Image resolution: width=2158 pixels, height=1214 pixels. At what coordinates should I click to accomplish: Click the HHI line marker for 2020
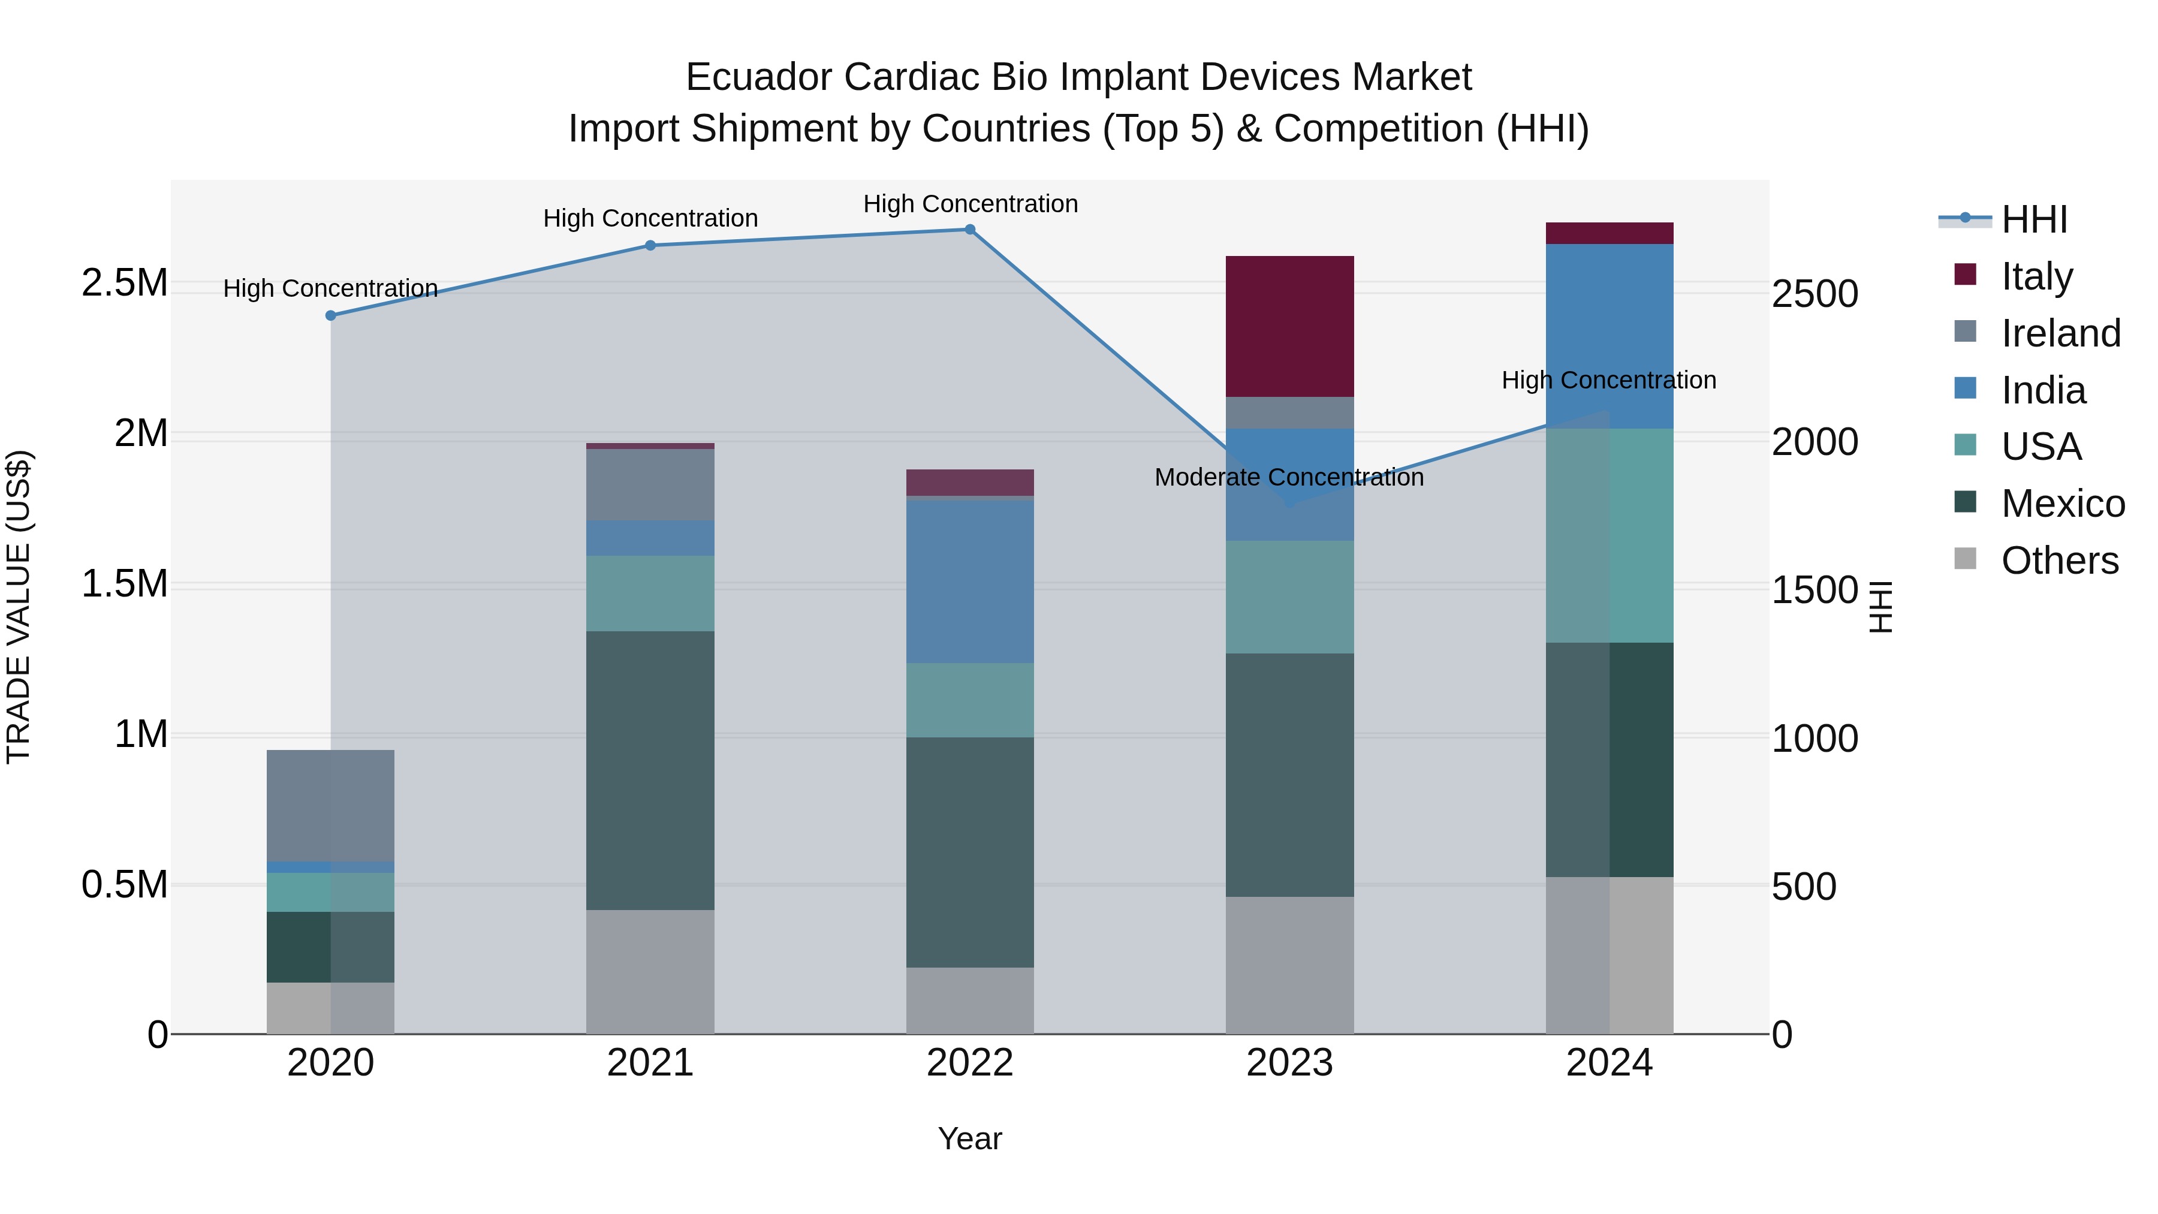331,316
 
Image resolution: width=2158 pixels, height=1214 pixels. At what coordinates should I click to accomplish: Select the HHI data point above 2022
970,230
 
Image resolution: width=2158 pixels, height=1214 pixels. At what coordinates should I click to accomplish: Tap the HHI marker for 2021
650,245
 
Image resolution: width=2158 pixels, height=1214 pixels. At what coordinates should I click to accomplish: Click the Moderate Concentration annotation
1288,478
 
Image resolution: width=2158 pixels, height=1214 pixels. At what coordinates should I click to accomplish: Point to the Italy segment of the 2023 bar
1289,327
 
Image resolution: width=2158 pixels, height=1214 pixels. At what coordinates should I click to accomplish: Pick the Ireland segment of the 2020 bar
331,805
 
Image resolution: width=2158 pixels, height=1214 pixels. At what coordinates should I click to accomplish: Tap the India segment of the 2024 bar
1610,336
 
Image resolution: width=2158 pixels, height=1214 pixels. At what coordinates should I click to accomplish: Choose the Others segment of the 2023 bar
1289,965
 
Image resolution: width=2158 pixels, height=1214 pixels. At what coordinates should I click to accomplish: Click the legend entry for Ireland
2060,333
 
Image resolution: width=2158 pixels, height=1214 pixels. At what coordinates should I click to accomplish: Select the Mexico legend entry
2063,504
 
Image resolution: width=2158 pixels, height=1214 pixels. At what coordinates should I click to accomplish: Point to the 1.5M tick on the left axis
124,584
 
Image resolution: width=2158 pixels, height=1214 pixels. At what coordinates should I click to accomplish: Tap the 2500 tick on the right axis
1815,294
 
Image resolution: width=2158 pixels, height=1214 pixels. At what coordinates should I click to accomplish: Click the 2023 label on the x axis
1289,1063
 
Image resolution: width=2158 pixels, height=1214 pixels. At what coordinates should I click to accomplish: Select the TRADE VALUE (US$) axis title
19,607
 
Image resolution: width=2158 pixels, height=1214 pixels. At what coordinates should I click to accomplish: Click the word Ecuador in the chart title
758,78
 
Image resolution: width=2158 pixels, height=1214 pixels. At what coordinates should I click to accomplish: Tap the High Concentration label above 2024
1608,380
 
